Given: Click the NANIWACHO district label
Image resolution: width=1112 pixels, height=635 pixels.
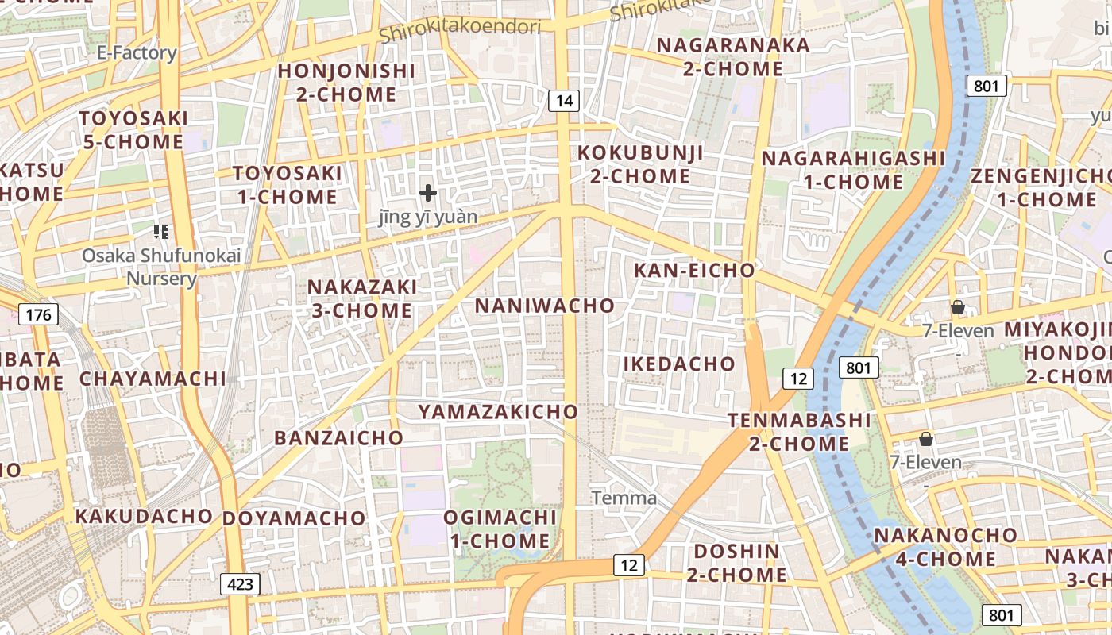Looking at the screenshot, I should [x=545, y=306].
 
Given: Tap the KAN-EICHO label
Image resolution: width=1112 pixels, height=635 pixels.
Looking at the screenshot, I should [x=694, y=271].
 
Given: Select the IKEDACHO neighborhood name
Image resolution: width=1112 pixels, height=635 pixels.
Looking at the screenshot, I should [x=679, y=364].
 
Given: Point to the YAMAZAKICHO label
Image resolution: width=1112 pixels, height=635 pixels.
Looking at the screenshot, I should [x=498, y=411].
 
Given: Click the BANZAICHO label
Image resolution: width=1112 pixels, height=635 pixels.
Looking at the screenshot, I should [x=339, y=437].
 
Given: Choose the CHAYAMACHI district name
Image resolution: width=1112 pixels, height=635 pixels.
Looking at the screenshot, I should [x=153, y=379].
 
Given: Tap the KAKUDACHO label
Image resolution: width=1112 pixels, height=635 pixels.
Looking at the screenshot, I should [x=144, y=516].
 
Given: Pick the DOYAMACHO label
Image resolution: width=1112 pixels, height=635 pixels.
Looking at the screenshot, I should [x=294, y=518].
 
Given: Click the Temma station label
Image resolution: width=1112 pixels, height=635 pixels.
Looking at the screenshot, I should [x=624, y=498].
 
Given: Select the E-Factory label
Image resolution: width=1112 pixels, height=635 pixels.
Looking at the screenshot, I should [x=137, y=53].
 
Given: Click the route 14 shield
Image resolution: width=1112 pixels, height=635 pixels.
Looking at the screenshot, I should [x=563, y=101].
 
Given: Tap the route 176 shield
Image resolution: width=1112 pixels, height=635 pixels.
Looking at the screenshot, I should [x=38, y=315].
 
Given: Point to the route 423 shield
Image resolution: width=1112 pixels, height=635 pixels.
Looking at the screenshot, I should [x=240, y=585].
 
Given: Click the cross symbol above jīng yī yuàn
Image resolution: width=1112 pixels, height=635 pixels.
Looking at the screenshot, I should [x=428, y=192].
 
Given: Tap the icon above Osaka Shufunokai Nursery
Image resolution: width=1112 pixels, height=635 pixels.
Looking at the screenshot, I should [x=161, y=232].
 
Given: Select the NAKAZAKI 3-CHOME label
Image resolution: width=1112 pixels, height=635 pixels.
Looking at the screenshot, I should [x=361, y=298].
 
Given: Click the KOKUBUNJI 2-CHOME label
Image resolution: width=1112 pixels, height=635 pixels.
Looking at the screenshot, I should [x=640, y=164].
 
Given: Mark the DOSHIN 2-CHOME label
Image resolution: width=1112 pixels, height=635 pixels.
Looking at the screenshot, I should [x=736, y=563].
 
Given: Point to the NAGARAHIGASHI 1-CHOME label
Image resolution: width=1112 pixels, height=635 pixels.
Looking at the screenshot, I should [x=853, y=170].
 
